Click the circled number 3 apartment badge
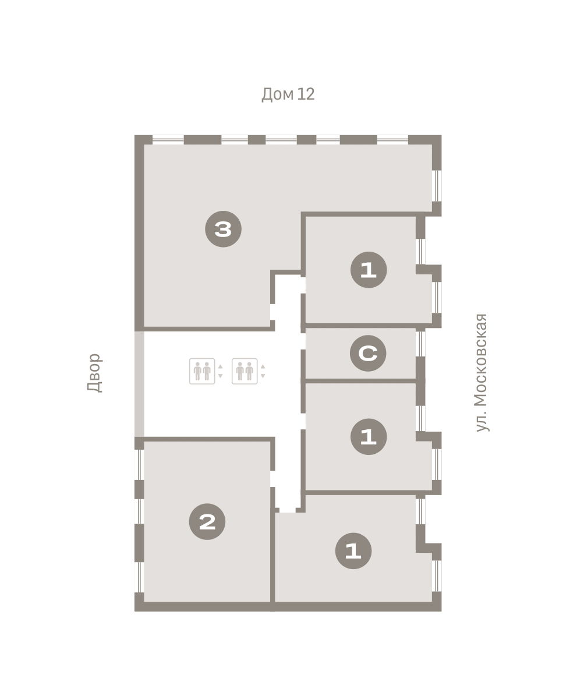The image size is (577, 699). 223,230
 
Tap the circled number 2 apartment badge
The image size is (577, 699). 207,521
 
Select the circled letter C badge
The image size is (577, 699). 368,353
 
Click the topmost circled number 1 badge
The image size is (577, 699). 369,270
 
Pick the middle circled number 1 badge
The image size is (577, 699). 369,436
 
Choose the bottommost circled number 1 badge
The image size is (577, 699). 353,550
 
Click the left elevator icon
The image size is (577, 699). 202,371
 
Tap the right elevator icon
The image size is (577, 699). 245,371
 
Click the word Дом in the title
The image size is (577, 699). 278,94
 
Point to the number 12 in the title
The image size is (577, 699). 306,94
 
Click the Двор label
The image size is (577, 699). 94,373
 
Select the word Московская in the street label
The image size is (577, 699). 481,361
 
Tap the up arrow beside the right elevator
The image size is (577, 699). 263,366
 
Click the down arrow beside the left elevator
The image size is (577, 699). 220,376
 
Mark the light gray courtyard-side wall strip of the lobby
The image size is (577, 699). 139,384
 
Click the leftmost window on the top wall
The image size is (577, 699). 168,140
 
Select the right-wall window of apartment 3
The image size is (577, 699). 437,186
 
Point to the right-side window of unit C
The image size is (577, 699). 420,344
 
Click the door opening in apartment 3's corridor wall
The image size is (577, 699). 272,312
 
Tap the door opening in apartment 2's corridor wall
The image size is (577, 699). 272,479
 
